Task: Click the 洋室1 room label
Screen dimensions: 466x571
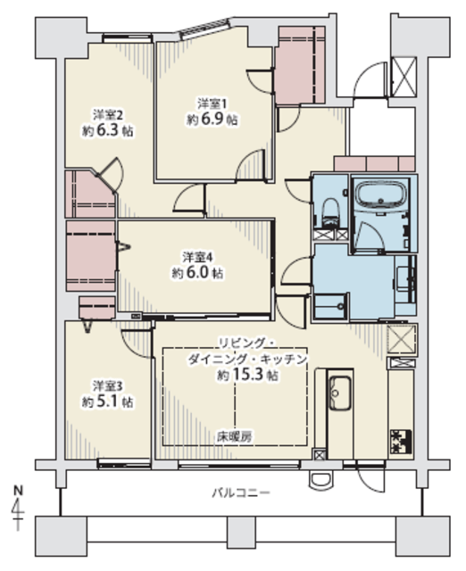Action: pyautogui.click(x=212, y=103)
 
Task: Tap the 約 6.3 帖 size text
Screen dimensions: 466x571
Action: pyautogui.click(x=107, y=131)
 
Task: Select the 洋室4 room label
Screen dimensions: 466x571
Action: pyautogui.click(x=197, y=258)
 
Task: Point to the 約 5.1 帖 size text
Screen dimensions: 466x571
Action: pyautogui.click(x=107, y=401)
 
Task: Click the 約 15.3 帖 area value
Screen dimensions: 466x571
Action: pyautogui.click(x=248, y=375)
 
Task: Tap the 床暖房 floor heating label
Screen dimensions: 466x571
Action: pyautogui.click(x=234, y=436)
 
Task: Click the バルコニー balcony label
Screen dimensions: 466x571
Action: pyautogui.click(x=241, y=493)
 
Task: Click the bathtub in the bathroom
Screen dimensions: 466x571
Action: pyautogui.click(x=381, y=194)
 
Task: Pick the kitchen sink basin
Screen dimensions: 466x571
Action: pyautogui.click(x=340, y=393)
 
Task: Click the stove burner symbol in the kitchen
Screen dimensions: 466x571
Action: pyautogui.click(x=401, y=442)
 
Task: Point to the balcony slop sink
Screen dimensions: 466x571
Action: pyautogui.click(x=321, y=480)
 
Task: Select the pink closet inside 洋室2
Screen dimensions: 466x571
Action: pyautogui.click(x=90, y=194)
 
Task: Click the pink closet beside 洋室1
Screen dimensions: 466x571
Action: pyautogui.click(x=300, y=65)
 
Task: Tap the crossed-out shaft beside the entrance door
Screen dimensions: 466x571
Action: pyautogui.click(x=404, y=76)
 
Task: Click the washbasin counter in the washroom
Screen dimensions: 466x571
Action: pyautogui.click(x=406, y=279)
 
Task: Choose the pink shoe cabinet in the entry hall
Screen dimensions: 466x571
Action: pyautogui.click(x=375, y=164)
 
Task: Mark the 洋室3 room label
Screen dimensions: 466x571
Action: pyautogui.click(x=107, y=385)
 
